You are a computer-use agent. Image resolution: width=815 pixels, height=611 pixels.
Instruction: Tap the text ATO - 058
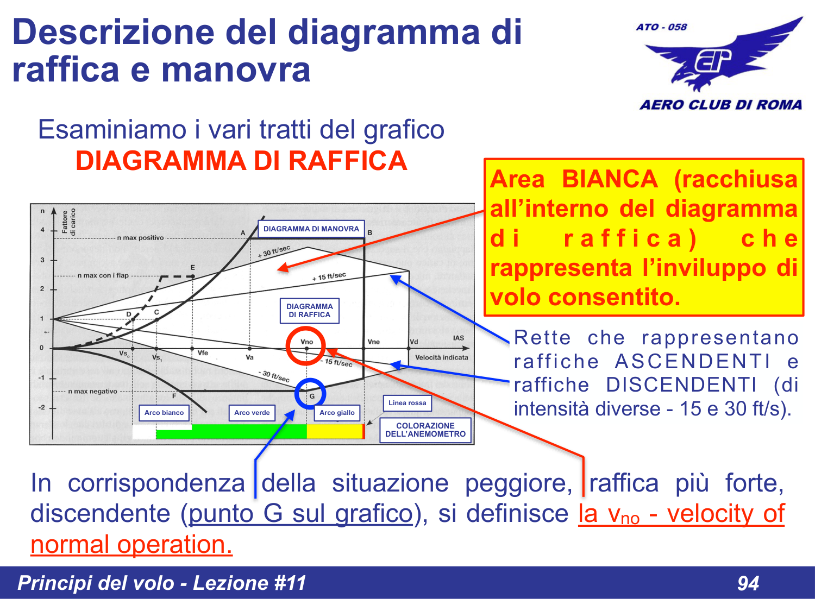(x=661, y=27)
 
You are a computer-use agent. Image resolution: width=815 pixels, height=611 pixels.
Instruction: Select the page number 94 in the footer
(x=748, y=583)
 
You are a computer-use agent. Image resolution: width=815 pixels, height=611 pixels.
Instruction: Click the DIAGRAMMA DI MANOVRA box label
(x=311, y=229)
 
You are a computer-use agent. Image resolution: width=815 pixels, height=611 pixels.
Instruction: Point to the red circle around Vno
(x=306, y=345)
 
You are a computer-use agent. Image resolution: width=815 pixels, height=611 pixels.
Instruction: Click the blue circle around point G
(x=310, y=394)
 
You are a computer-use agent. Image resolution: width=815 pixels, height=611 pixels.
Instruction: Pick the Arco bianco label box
(x=164, y=413)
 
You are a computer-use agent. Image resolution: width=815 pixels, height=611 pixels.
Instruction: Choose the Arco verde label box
(x=252, y=413)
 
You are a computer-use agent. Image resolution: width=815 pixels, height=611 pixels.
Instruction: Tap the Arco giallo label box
(x=337, y=413)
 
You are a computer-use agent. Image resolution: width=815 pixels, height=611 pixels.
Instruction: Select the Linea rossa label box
(x=407, y=403)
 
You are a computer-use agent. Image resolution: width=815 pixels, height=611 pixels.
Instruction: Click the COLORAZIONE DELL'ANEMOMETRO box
(x=425, y=430)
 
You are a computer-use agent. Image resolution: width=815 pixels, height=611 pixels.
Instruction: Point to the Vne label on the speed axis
(x=373, y=342)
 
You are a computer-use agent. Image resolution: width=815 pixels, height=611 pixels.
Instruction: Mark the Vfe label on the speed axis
(x=203, y=353)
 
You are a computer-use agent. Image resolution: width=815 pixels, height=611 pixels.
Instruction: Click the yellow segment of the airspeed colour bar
(x=334, y=432)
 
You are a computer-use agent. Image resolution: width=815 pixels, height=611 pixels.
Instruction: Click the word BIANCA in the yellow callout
(x=610, y=179)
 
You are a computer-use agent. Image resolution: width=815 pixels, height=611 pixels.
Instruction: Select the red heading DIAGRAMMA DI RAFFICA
(x=241, y=161)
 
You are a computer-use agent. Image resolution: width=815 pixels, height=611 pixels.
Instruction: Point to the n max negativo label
(x=92, y=391)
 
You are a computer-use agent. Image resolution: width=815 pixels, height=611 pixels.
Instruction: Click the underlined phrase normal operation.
(x=131, y=544)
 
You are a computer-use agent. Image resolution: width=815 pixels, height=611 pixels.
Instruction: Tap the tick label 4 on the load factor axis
(x=42, y=230)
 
